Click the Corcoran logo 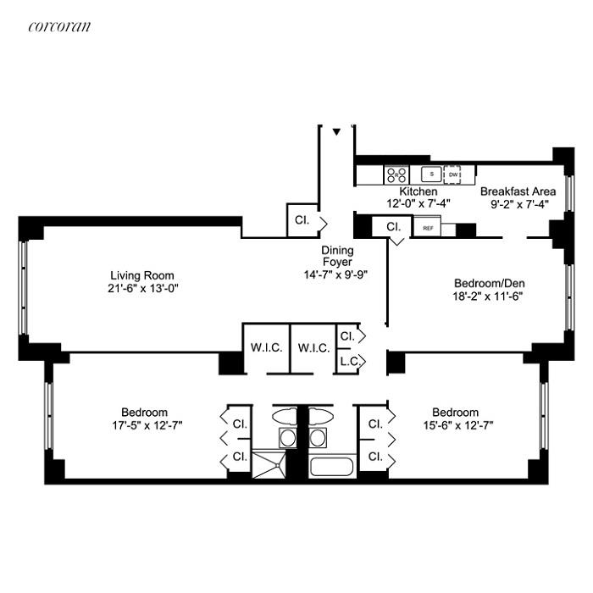59,26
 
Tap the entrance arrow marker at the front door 336,132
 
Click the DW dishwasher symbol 453,175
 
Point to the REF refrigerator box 428,229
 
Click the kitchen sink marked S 431,175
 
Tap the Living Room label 142,275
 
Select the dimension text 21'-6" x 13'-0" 142,288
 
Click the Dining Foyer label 337,257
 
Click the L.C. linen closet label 348,363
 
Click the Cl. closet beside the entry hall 301,221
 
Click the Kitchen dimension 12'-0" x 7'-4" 418,203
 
